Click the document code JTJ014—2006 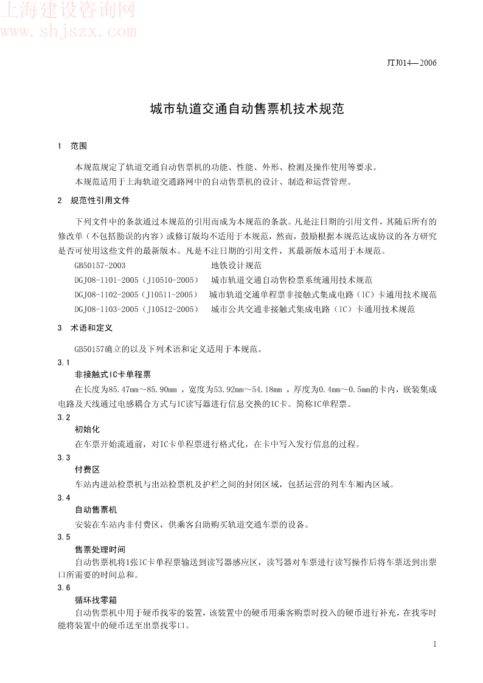[412, 63]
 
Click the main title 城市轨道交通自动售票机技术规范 [247, 109]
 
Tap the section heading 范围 [78, 146]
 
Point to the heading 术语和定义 [91, 327]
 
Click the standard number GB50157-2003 [100, 265]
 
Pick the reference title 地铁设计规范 [236, 265]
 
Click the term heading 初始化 [87, 429]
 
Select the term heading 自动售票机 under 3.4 [96, 509]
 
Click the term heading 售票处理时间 [100, 549]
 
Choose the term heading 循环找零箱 [96, 599]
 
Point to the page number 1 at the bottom [434, 644]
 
